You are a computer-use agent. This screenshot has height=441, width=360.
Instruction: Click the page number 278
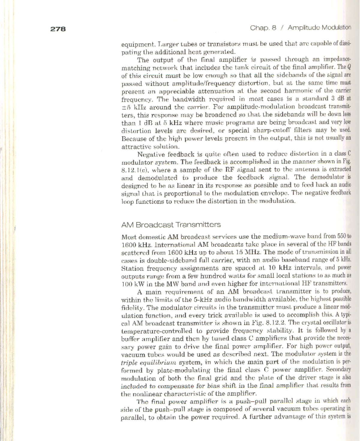point(58,29)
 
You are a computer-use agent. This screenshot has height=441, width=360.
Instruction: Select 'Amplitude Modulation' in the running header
point(319,28)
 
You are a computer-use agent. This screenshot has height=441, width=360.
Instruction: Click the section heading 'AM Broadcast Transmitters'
point(171,225)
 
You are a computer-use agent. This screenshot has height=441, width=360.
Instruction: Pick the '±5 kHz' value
point(133,107)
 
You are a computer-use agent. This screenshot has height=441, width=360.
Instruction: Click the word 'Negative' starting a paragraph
point(150,155)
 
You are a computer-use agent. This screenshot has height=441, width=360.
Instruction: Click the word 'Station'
point(132,268)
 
